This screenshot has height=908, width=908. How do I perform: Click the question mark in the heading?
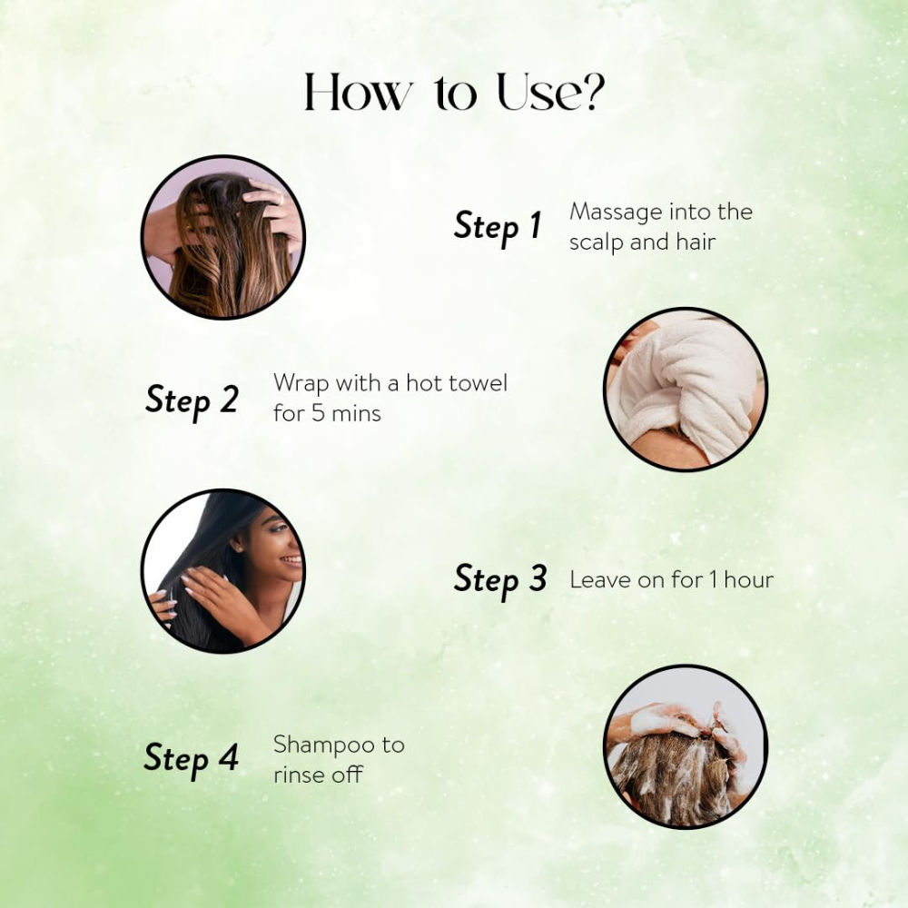click(591, 92)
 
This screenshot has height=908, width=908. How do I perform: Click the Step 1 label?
click(498, 226)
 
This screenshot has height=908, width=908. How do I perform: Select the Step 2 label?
click(192, 400)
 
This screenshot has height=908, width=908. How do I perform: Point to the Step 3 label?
click(500, 579)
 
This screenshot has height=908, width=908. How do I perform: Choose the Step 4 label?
click(191, 758)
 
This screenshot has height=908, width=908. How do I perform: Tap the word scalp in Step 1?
click(597, 242)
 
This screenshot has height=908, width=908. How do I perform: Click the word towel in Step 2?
click(479, 383)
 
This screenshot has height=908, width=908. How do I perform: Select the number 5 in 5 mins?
click(317, 413)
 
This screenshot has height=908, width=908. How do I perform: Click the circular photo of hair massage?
click(223, 237)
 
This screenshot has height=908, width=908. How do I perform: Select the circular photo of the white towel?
click(686, 388)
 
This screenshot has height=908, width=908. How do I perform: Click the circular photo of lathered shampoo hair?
click(686, 746)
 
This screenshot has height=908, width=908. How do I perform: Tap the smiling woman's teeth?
click(291, 560)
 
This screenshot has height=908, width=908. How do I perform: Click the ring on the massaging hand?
click(281, 200)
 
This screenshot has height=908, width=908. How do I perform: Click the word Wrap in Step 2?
click(301, 384)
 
